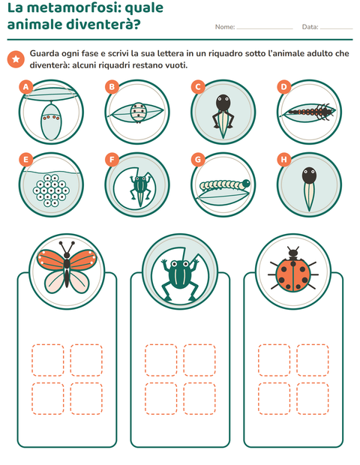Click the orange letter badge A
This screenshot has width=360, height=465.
coord(26,87)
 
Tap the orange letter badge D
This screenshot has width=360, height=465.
coord(284,87)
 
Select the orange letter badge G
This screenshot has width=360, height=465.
coord(198,160)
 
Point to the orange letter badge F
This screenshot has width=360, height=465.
coord(112,160)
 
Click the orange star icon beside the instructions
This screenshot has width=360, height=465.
coord(16,59)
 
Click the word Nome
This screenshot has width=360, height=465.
coord(225,27)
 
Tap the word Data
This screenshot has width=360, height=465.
coord(310,27)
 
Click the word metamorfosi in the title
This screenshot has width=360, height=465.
coord(74,7)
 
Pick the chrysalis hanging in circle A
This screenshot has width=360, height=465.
coord(51,121)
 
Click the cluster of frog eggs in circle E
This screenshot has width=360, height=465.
coord(51,190)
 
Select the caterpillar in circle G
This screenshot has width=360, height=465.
coord(225,185)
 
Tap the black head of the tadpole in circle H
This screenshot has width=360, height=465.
coord(309,175)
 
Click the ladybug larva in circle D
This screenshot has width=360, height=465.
coord(310,112)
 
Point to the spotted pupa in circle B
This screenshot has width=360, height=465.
coord(138,112)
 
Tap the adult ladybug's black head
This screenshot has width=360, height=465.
coord(293,253)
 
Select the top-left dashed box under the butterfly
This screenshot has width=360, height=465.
coord(48,360)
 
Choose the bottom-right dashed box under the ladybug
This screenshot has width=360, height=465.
coord(312,398)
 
